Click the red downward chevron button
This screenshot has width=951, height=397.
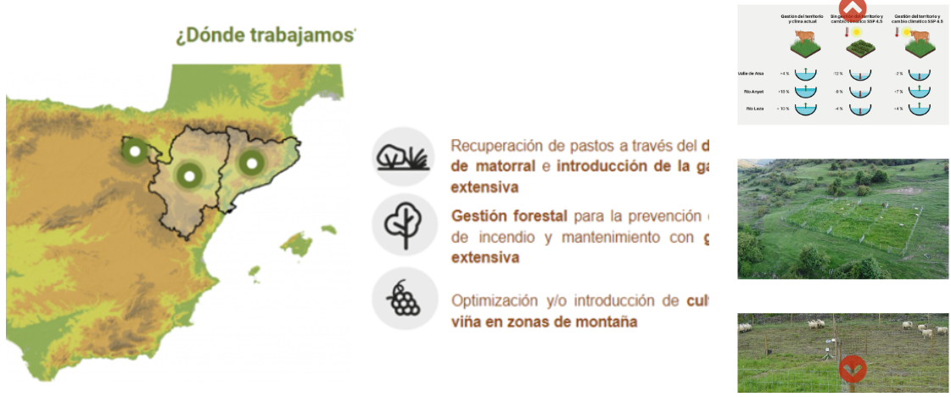pos(853,369)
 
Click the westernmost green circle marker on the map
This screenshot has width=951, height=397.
pos(133,152)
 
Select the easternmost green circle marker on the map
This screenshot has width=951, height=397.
pos(251,162)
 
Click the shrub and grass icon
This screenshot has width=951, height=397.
pos(403,157)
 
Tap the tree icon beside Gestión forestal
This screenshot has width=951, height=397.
pos(403,225)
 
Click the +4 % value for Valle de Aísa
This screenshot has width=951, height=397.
pos(784,75)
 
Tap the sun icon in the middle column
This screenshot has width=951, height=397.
pos(858,32)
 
